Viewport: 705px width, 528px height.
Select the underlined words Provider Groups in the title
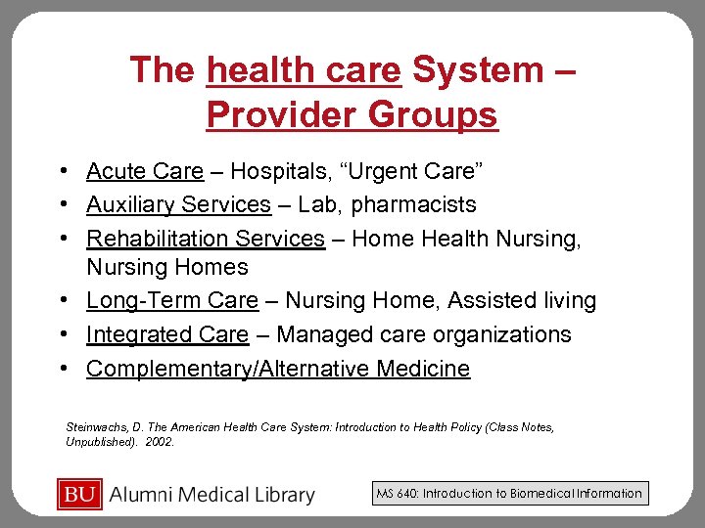[x=352, y=115]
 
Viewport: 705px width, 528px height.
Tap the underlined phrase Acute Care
[x=145, y=172]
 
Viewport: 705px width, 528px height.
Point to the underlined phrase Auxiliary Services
[x=178, y=204]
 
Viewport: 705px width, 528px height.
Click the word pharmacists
[x=413, y=204]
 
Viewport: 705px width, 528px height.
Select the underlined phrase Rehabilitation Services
[x=206, y=238]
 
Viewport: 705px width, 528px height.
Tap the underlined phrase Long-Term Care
[x=172, y=301]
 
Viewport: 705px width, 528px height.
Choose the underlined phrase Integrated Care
[x=167, y=334]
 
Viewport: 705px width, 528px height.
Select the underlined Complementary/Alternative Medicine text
[x=278, y=369]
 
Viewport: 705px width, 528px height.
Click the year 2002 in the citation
[x=159, y=442]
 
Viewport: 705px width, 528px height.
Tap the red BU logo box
[x=80, y=495]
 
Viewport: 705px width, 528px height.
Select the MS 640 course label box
[x=509, y=494]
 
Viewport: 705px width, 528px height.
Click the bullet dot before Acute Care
[x=63, y=172]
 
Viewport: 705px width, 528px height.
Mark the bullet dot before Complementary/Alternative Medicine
[x=63, y=369]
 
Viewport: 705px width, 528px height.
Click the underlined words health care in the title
[x=305, y=70]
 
